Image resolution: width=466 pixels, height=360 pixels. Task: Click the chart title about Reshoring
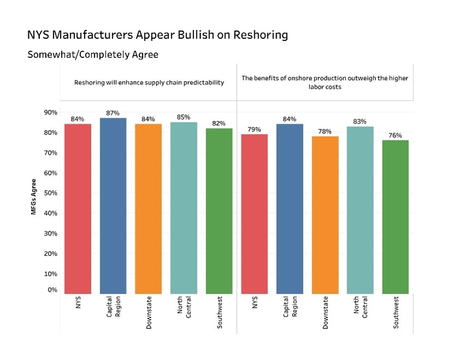click(x=157, y=35)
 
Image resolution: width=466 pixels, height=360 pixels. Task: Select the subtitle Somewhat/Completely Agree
click(x=93, y=55)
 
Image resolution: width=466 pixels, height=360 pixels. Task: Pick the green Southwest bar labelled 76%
click(x=395, y=217)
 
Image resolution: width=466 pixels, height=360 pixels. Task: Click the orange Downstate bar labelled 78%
click(x=325, y=214)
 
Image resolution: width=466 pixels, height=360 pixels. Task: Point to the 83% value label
click(x=360, y=121)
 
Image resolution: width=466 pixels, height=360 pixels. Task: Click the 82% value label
click(x=219, y=123)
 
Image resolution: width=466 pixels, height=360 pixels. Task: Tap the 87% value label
click(x=113, y=113)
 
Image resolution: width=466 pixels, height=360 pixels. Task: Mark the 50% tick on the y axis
click(x=51, y=193)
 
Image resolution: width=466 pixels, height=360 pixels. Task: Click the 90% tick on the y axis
click(x=51, y=112)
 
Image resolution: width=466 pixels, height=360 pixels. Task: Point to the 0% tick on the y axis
click(x=52, y=290)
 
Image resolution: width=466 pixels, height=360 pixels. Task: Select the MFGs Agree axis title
click(x=34, y=196)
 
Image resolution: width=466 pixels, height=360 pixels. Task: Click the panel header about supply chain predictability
click(x=149, y=83)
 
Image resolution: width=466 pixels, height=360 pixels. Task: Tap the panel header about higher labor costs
click(x=325, y=82)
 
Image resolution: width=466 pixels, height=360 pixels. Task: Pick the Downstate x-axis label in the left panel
click(x=148, y=313)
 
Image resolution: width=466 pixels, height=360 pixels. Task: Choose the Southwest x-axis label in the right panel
click(x=396, y=313)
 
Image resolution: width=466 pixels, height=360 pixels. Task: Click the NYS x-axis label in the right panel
click(x=254, y=303)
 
